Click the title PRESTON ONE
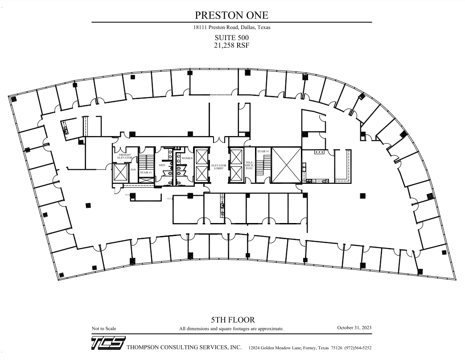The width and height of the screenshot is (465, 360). tap(231, 15)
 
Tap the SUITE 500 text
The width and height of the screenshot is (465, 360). tap(231, 38)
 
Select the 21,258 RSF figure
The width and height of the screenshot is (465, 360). tap(231, 45)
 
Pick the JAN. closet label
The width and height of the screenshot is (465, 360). tap(133, 170)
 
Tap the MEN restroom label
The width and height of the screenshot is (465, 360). tap(162, 165)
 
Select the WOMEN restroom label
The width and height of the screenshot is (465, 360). tap(187, 158)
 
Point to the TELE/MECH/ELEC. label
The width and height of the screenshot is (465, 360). tap(249, 165)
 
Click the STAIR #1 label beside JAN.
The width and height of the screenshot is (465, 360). tap(146, 172)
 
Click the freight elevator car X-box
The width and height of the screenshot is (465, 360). tap(120, 173)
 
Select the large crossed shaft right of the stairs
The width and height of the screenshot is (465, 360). tap(286, 165)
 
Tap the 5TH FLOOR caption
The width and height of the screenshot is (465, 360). tap(233, 320)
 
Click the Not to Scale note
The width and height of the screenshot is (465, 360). tap(104, 329)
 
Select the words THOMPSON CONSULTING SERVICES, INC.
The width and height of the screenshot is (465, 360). tap(184, 348)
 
